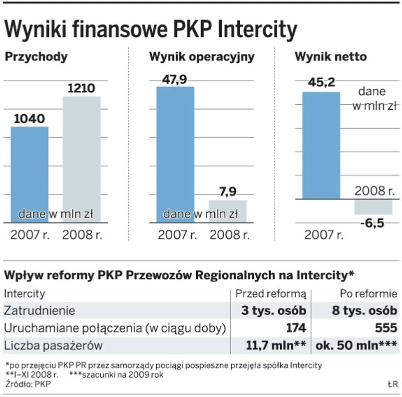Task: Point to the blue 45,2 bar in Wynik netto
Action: coord(321,145)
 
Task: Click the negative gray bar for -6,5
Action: coord(373,206)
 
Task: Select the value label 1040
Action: coord(29,119)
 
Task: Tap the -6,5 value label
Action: coord(372,223)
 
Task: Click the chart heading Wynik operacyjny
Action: coord(202,57)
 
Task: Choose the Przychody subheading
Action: coord(36,57)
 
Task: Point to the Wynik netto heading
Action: coord(331,57)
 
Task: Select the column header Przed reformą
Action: coord(270,294)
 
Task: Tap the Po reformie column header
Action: coord(369,294)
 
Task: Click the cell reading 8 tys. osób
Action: coord(365,310)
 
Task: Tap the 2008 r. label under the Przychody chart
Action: coord(82,234)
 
